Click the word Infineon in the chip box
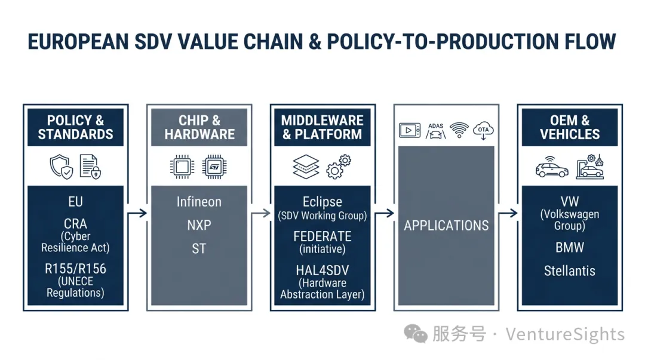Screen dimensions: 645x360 coord(199,202)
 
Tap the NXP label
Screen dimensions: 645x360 coord(199,225)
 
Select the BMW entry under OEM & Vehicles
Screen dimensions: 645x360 coord(570,247)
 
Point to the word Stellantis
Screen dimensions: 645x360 coord(570,270)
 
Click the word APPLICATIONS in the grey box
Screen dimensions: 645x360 coord(446,226)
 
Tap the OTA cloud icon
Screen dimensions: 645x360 coord(483,131)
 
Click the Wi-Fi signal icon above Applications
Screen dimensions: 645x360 coord(459,130)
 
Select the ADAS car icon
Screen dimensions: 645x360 coord(435,131)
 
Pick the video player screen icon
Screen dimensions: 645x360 coord(410,130)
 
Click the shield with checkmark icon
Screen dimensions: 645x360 coord(62,167)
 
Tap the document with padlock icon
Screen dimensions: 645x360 coord(90,167)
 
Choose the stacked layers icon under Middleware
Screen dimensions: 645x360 coord(306,167)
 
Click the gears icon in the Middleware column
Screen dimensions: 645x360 coord(339,167)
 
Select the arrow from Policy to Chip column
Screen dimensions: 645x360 coord(137,213)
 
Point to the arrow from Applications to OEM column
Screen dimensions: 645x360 coord(508,213)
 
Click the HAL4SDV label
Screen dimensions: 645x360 coord(322,270)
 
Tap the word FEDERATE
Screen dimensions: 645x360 coord(322,236)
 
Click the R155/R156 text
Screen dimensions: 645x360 coord(76,269)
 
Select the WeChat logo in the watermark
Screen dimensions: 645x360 coord(416,334)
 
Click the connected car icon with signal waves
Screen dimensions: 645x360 coord(552,167)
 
